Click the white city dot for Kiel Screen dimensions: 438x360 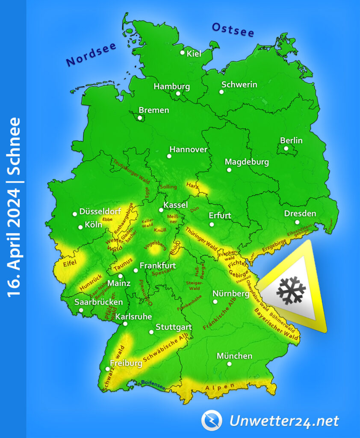point(183,53)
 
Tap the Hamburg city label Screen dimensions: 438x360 point(171,86)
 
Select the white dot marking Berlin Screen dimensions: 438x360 point(286,148)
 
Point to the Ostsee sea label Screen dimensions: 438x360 point(233,30)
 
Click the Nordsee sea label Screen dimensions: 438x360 point(91,54)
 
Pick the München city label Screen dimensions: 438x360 point(234,356)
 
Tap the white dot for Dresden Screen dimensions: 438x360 point(297,222)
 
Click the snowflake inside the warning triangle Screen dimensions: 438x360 point(291,290)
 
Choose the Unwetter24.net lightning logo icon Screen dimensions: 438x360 point(212,420)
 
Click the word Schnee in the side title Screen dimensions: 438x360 point(14,145)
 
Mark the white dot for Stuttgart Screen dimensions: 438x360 point(151,332)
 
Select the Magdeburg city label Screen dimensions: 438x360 point(247,162)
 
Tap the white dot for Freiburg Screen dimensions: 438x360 point(107,369)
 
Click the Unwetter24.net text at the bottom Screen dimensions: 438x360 point(284,421)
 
